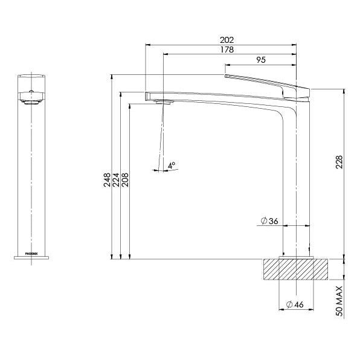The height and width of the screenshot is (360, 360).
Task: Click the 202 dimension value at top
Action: pyautogui.click(x=228, y=40)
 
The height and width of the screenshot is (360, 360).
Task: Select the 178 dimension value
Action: pyautogui.click(x=228, y=50)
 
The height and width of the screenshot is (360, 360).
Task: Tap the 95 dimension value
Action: pyautogui.click(x=262, y=60)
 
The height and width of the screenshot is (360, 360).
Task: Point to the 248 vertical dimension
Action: pyautogui.click(x=107, y=180)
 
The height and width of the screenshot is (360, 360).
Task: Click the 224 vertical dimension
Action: pyautogui.click(x=117, y=180)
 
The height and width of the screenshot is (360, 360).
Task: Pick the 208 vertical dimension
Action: pyautogui.click(x=126, y=180)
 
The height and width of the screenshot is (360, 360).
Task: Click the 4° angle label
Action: pyautogui.click(x=172, y=164)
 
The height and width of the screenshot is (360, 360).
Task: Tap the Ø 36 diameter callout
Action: pyautogui.click(x=269, y=222)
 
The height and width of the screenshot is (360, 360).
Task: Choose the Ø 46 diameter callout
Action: pyautogui.click(x=294, y=304)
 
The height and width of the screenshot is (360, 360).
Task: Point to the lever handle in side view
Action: pyautogui.click(x=266, y=82)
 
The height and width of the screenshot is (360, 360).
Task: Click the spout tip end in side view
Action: pyautogui.click(x=147, y=95)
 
